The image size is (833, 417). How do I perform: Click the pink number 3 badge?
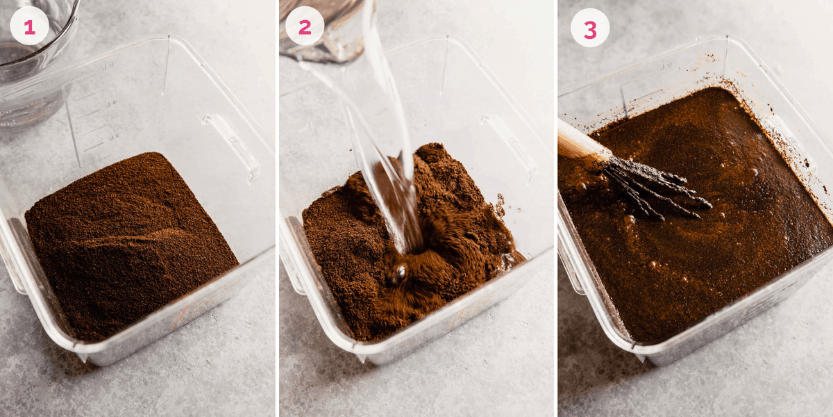click(x=590, y=28)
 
